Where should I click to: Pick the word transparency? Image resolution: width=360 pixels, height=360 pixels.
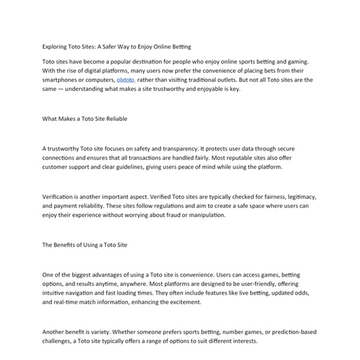pos(186,148)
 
